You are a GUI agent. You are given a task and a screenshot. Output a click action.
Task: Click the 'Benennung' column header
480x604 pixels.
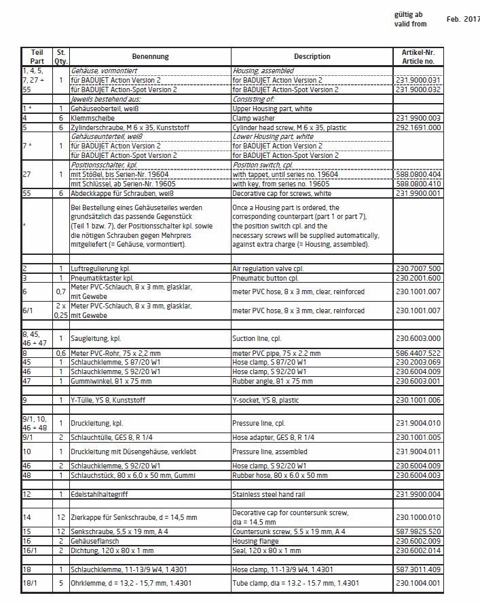[151, 57]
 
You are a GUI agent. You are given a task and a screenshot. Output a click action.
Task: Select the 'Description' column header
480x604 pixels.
[312, 57]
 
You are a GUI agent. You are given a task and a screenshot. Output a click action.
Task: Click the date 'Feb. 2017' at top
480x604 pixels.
[462, 20]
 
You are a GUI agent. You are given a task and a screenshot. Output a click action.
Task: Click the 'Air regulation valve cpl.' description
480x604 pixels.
[265, 268]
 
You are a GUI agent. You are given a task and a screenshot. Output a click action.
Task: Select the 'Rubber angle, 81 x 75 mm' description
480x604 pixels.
[272, 382]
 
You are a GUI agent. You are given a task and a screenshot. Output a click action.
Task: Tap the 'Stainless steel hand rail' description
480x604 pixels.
[268, 494]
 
